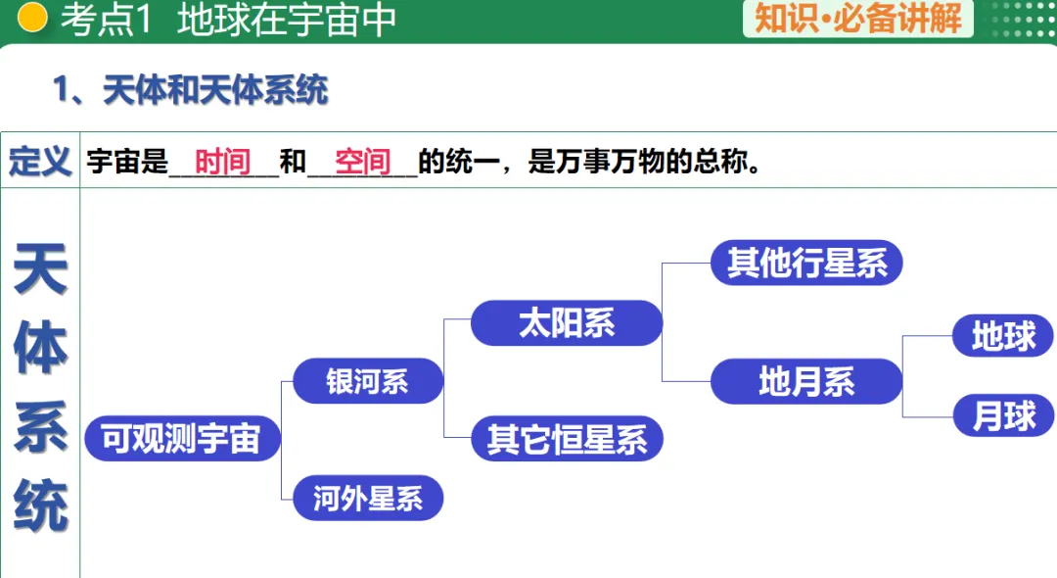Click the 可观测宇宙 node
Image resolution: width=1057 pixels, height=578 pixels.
point(182,439)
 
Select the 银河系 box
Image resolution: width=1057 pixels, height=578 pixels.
point(368,380)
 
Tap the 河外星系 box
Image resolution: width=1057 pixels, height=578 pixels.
point(368,499)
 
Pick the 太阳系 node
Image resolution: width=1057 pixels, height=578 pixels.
point(567,323)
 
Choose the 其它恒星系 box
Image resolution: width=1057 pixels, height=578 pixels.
point(567,440)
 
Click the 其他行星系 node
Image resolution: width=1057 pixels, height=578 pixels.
point(806,263)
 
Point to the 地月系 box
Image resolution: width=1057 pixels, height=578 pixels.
point(806,381)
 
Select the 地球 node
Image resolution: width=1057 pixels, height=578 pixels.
point(1003,337)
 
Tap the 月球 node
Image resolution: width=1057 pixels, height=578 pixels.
point(1003,416)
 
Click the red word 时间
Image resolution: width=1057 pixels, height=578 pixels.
point(223,162)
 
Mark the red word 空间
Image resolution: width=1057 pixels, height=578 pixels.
point(363,162)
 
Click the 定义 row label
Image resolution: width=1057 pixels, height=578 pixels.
point(40,162)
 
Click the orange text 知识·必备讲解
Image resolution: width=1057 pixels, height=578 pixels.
point(858,18)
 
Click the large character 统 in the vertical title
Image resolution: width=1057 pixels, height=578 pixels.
point(40,506)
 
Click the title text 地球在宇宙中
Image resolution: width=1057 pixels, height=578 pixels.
point(286,20)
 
